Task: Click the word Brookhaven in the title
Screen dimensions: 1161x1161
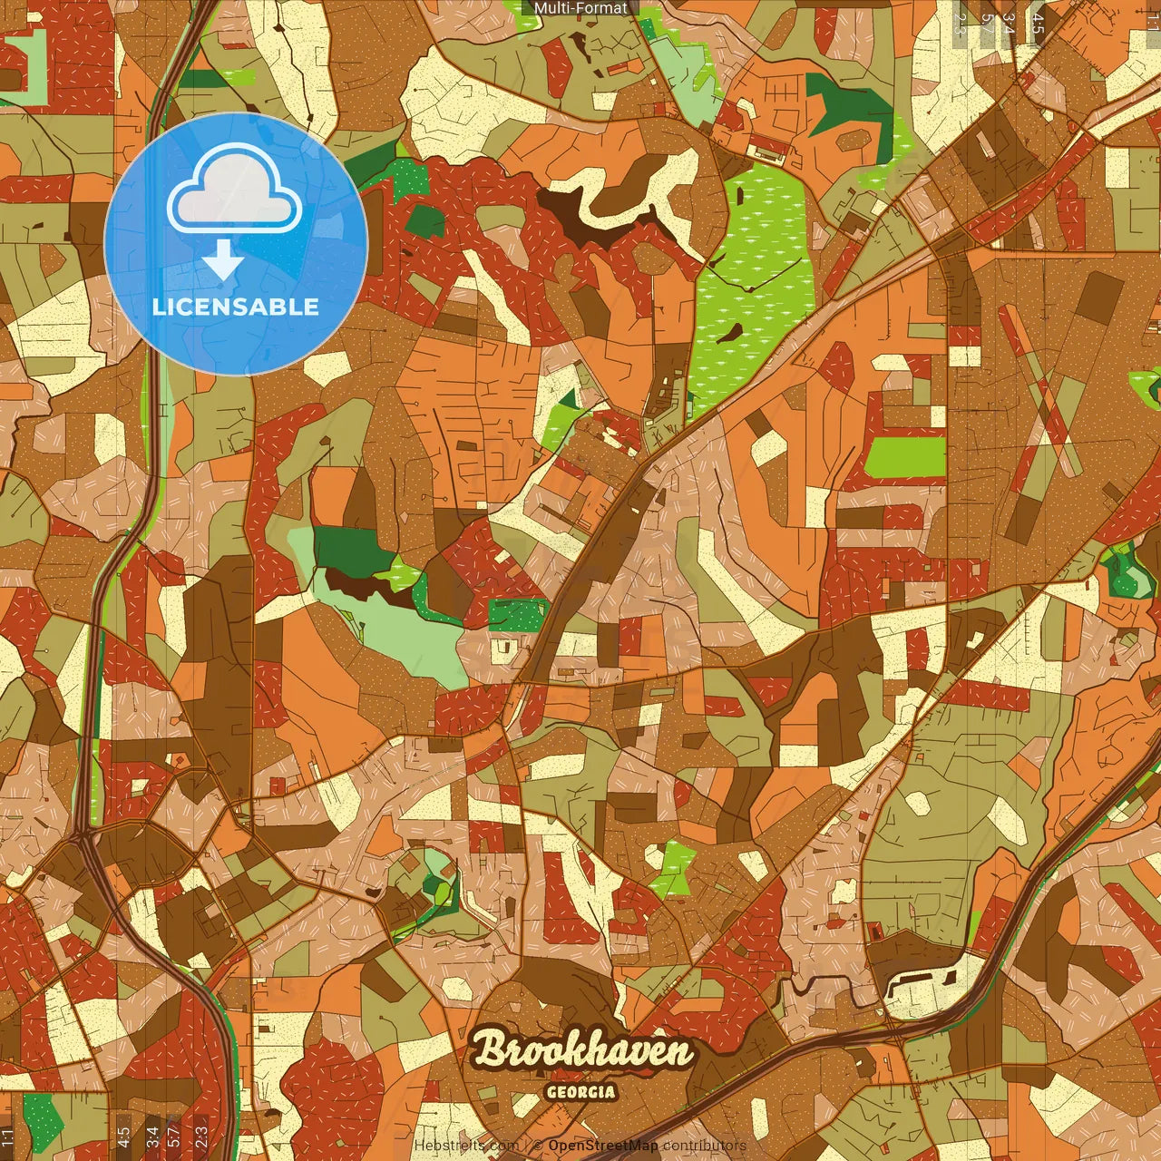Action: coord(582,1051)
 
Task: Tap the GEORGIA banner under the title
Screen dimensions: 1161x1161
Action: coord(581,1092)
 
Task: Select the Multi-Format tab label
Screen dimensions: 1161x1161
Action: coord(580,8)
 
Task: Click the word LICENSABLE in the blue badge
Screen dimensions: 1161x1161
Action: coord(236,307)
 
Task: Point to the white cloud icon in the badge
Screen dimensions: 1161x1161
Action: coord(235,192)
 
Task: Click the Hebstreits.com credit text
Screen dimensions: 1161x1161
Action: coord(466,1146)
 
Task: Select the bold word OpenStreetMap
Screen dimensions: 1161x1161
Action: coord(602,1146)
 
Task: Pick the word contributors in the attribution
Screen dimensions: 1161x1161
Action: coord(704,1146)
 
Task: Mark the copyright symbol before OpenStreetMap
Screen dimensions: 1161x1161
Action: coord(537,1146)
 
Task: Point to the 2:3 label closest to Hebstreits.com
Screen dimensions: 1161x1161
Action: coord(201,1134)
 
